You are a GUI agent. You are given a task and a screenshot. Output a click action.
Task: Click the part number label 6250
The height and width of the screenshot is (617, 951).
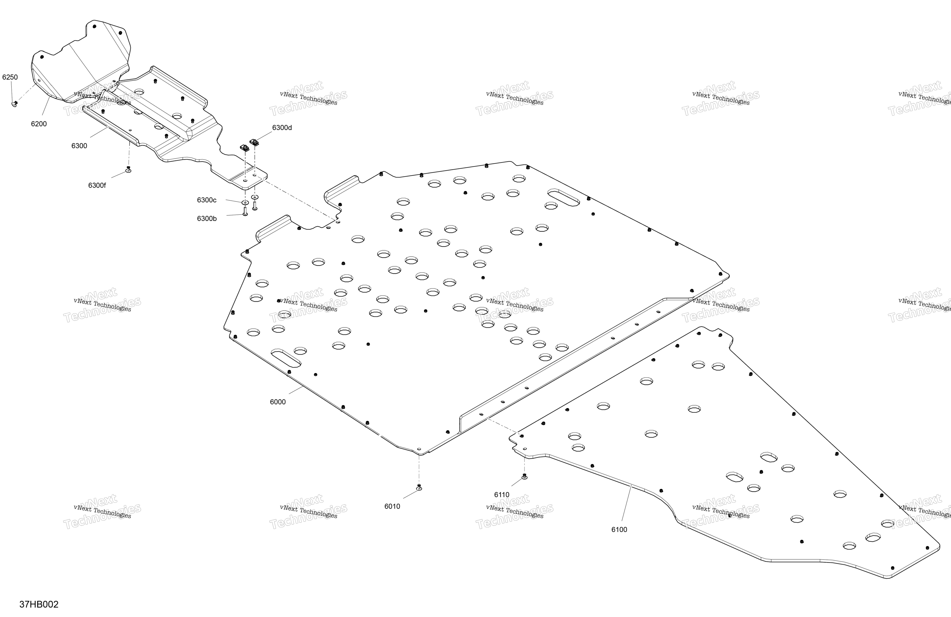[x=10, y=77]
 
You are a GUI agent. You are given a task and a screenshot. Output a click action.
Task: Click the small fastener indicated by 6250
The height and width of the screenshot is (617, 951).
[x=15, y=104]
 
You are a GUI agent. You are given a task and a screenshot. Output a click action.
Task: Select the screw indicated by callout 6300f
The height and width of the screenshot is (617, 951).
[x=128, y=169]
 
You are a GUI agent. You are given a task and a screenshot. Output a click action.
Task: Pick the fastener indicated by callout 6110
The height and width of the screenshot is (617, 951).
[x=525, y=476]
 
